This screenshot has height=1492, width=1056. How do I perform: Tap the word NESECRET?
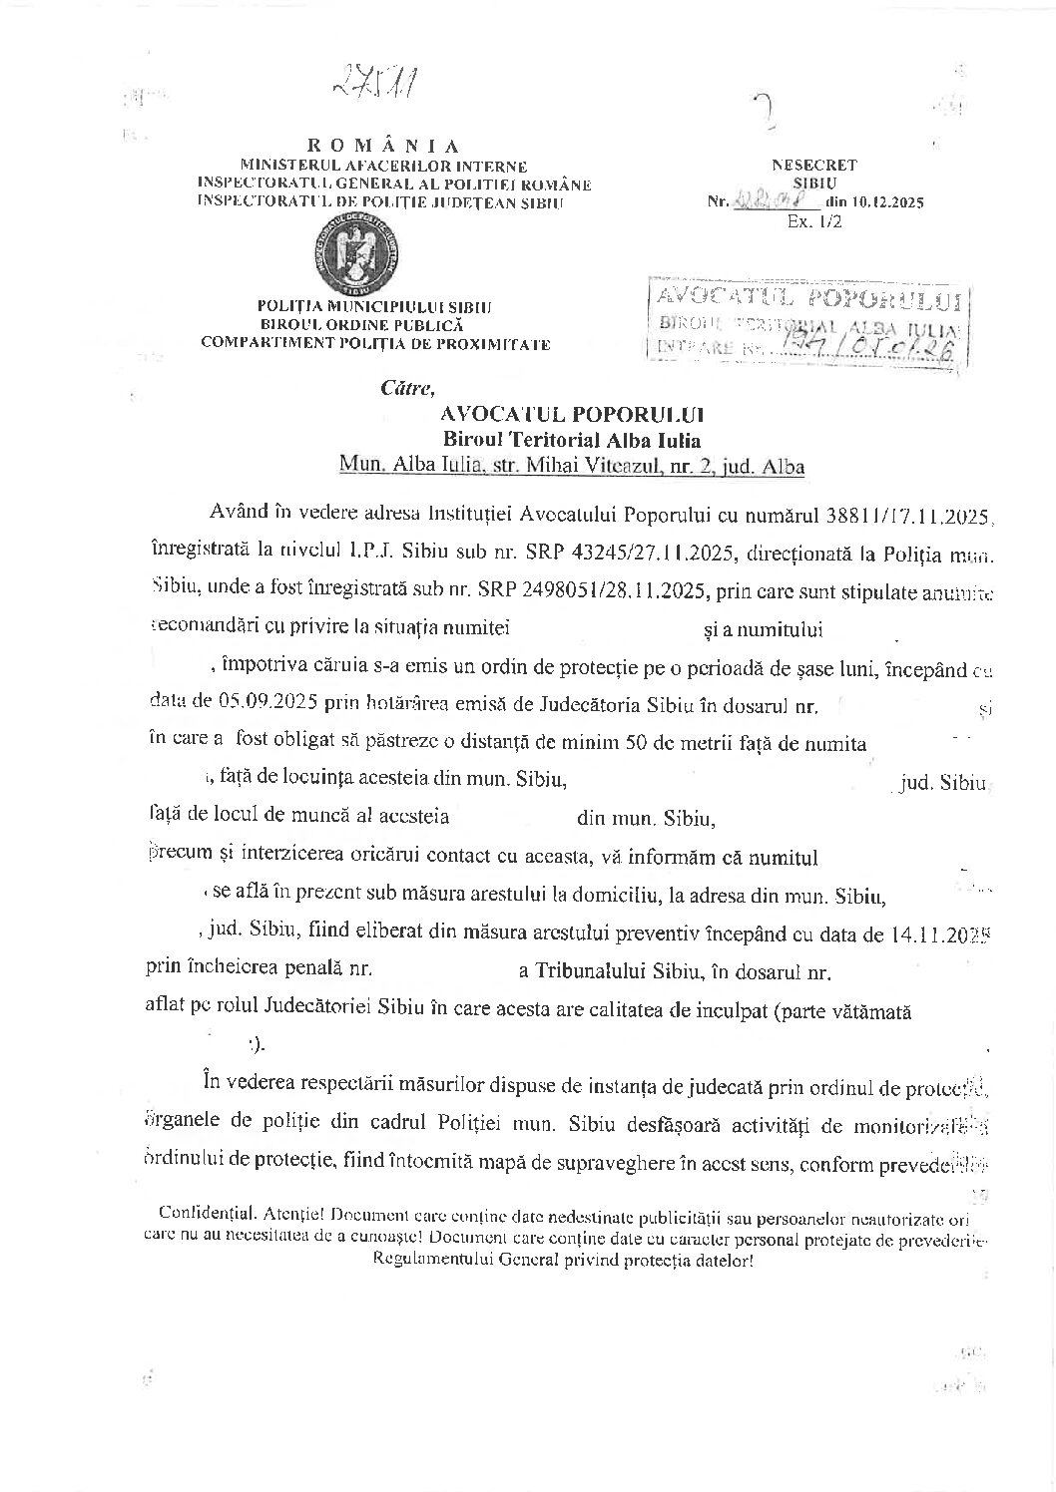(x=813, y=166)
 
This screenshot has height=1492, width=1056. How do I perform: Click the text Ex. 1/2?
(x=813, y=221)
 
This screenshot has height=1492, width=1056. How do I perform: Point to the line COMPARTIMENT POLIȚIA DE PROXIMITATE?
(x=375, y=343)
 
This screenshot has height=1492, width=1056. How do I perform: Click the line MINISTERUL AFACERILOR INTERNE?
(x=383, y=166)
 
